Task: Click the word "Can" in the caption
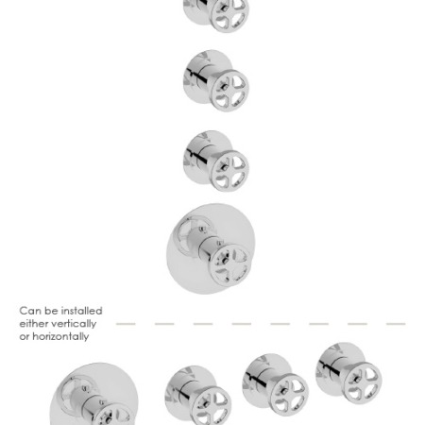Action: [30, 311]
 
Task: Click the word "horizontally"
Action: [60, 337]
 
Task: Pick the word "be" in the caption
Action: [50, 311]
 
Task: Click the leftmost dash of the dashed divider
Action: [126, 324]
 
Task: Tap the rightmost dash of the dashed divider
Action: [396, 324]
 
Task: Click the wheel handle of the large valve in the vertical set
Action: [230, 264]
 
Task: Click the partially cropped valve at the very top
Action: [216, 14]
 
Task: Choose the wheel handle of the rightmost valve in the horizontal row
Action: [363, 383]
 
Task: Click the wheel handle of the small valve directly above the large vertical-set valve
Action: [229, 171]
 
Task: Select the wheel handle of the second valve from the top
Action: [229, 91]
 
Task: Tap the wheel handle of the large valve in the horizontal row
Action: [114, 416]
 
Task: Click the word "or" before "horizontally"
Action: [25, 337]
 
